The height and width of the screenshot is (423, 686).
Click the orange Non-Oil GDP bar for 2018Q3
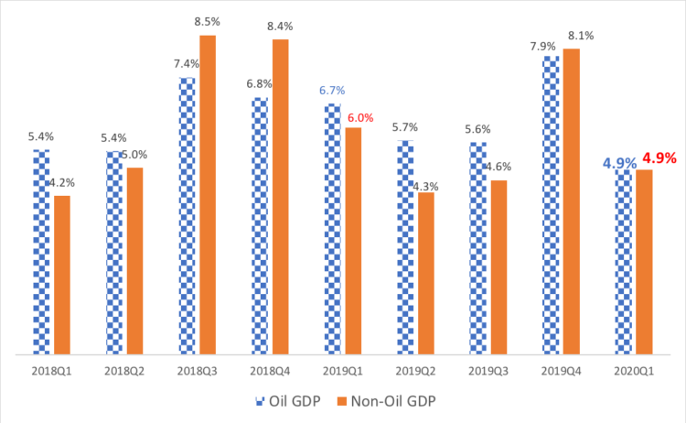(x=208, y=194)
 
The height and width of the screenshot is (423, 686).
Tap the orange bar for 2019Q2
(x=426, y=273)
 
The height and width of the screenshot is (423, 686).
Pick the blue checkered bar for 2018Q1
(x=41, y=252)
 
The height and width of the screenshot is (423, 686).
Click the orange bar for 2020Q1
(x=644, y=262)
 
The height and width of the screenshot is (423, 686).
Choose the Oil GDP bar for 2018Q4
(x=260, y=225)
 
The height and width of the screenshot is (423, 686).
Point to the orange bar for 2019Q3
(x=498, y=266)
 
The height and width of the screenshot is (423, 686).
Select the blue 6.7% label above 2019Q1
(x=332, y=91)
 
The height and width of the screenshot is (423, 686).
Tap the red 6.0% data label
(x=360, y=117)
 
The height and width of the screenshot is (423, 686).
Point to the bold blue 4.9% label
(x=619, y=163)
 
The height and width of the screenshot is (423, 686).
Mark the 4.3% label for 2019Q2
(x=425, y=186)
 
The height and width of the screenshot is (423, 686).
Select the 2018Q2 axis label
(x=124, y=370)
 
